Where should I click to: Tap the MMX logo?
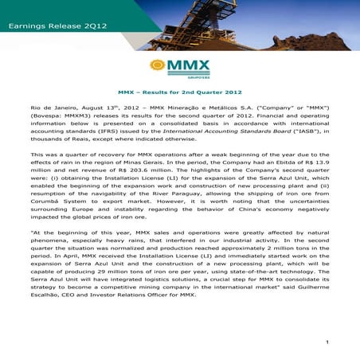tap(179, 67)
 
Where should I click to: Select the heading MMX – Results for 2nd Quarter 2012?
tap(179, 92)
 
